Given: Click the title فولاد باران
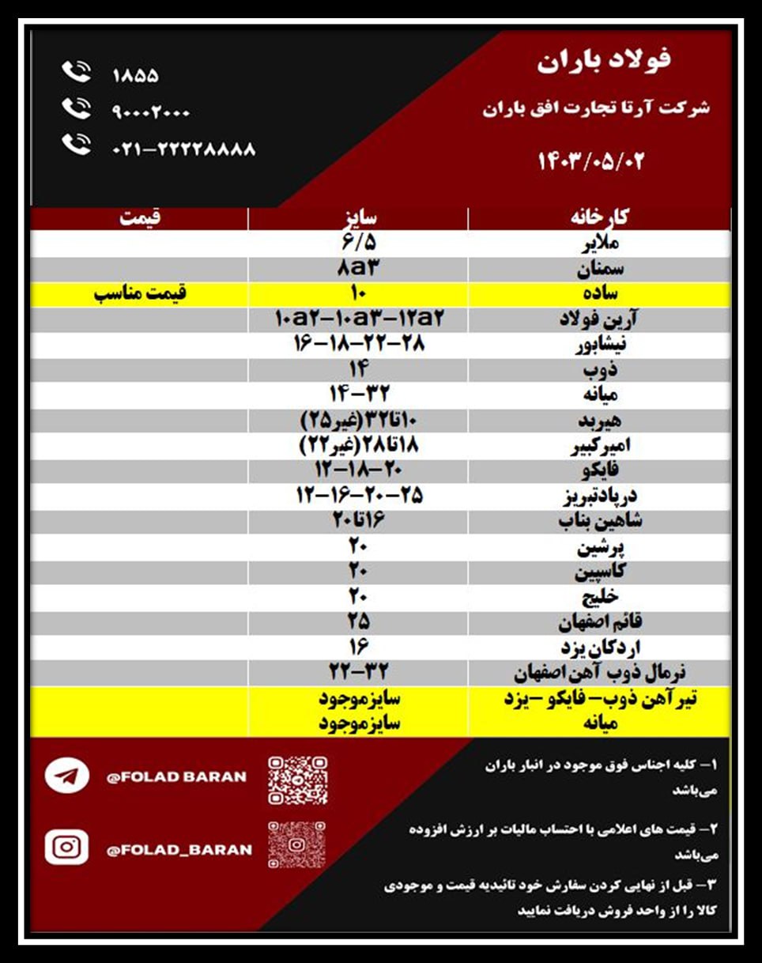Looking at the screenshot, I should tap(603, 61).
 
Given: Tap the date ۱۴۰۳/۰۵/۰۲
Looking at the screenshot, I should tap(591, 160).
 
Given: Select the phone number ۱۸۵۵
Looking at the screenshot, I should tap(135, 76).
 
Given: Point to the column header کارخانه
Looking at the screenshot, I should tap(600, 218).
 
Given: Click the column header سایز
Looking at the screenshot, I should tap(357, 218).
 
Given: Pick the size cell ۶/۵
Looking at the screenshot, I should tap(357, 242).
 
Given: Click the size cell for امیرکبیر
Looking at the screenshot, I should tap(357, 446).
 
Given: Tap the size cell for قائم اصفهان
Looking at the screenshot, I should tap(357, 622).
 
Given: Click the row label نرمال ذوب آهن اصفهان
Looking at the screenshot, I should tap(600, 674).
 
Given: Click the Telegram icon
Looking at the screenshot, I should tap(66, 776).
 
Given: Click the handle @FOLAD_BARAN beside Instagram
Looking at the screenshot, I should tap(179, 850).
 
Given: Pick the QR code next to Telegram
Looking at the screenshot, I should tap(296, 780).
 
